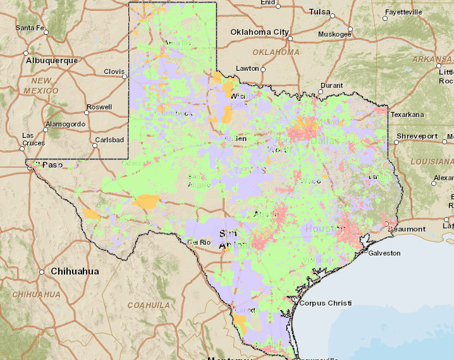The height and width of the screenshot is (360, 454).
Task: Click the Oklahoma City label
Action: (x=259, y=32)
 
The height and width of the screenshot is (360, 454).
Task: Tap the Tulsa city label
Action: (x=320, y=12)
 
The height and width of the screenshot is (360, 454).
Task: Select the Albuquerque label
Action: (x=52, y=61)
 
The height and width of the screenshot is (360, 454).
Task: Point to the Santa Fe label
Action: (x=30, y=28)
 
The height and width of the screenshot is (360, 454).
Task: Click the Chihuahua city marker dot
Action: (x=42, y=271)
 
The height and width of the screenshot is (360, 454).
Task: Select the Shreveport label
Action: (x=417, y=136)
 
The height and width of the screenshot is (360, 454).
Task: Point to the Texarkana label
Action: (x=407, y=115)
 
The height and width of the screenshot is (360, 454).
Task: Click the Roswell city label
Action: (x=99, y=108)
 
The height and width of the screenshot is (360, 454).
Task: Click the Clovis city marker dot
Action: (x=125, y=77)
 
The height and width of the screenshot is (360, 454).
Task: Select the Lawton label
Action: (x=247, y=68)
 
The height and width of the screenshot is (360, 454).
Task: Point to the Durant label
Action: (x=331, y=85)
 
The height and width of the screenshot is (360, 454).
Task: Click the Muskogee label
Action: (x=334, y=34)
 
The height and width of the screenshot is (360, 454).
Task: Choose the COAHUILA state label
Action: (x=149, y=305)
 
